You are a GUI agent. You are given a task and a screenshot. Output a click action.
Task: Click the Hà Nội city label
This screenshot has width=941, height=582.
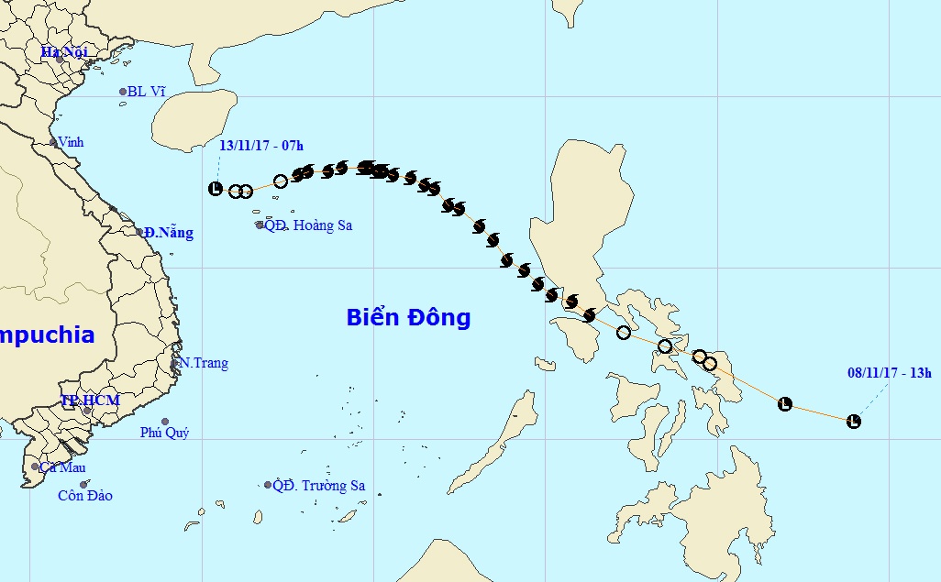(62, 51)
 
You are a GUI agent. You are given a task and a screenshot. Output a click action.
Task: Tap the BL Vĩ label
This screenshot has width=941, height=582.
(147, 92)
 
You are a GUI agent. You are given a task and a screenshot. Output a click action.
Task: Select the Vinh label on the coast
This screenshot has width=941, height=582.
(70, 142)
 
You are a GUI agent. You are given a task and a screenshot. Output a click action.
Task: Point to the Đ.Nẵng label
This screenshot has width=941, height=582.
(169, 233)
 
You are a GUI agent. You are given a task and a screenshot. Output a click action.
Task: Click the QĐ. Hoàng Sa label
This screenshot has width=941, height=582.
(308, 225)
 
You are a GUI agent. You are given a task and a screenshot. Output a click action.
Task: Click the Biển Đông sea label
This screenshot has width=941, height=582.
(408, 318)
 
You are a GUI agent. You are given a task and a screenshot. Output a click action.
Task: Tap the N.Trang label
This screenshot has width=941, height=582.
(203, 363)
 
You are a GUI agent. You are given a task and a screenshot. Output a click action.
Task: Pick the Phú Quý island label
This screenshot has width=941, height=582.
(164, 433)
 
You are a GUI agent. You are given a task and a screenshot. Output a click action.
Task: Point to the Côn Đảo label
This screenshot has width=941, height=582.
(84, 496)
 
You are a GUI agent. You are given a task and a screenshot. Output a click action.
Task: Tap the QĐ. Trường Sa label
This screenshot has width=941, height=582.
(318, 486)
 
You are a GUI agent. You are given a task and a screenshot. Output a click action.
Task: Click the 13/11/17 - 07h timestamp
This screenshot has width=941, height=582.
(261, 145)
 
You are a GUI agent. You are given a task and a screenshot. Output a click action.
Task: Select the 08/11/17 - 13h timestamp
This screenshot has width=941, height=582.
(889, 372)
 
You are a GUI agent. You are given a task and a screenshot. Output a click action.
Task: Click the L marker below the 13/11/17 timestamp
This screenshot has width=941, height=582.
(216, 189)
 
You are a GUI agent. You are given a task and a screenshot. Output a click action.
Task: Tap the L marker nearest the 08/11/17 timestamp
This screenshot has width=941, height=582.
(854, 422)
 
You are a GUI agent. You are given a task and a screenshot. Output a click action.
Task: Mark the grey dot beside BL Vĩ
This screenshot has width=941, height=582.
(122, 92)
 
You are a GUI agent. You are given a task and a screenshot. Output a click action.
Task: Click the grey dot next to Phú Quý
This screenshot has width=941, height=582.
(165, 422)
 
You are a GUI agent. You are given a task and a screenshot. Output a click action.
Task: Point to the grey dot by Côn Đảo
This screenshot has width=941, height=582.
(83, 485)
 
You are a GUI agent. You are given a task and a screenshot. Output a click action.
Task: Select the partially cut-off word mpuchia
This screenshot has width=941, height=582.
(47, 335)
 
